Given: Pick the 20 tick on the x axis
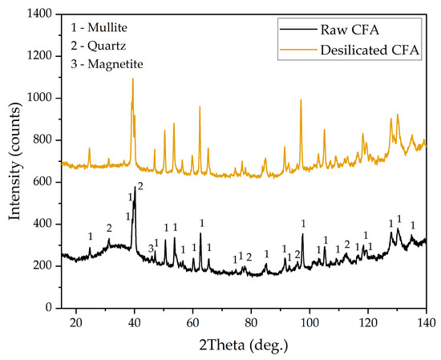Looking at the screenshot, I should coord(76,308).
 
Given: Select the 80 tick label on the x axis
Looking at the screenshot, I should coord(251,321).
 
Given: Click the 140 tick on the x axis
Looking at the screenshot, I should coord(426,308).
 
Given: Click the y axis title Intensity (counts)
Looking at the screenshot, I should coord(14,160).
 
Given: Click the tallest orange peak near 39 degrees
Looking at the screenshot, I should coord(132,79).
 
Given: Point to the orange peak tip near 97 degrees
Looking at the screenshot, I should coord(301,100).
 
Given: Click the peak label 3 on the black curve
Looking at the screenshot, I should coord(150,249).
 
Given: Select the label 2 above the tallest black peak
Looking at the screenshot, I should coord(140,186).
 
